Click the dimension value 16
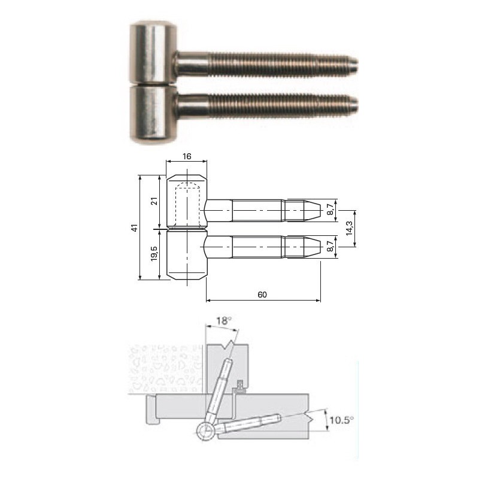(x=187, y=156)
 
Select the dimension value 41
(x=135, y=228)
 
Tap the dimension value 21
(x=154, y=201)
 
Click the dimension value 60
(x=262, y=295)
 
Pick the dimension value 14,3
(x=349, y=228)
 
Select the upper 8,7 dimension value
(x=331, y=210)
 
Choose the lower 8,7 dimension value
(x=331, y=246)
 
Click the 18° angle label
(x=224, y=321)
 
